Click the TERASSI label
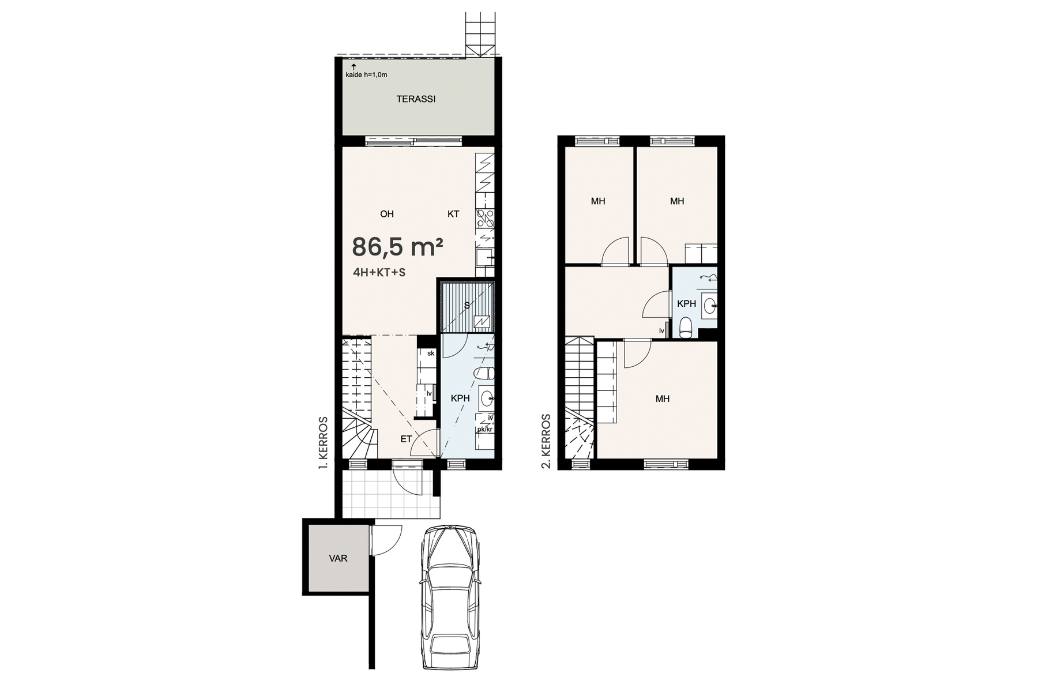pyautogui.click(x=416, y=99)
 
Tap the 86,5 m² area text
pyautogui.click(x=397, y=247)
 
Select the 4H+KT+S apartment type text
pyautogui.click(x=379, y=273)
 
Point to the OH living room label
pyautogui.click(x=387, y=214)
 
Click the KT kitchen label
pyautogui.click(x=453, y=214)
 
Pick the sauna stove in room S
pyautogui.click(x=482, y=322)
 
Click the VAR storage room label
pyautogui.click(x=339, y=558)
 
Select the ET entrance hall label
pyautogui.click(x=406, y=439)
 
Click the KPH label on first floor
pyautogui.click(x=460, y=398)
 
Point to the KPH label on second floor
pyautogui.click(x=686, y=304)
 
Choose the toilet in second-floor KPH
pyautogui.click(x=686, y=328)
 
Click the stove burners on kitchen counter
pyautogui.click(x=485, y=219)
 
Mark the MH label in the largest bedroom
pyautogui.click(x=662, y=398)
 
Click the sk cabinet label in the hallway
pyautogui.click(x=431, y=353)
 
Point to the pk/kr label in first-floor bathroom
pyautogui.click(x=484, y=429)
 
